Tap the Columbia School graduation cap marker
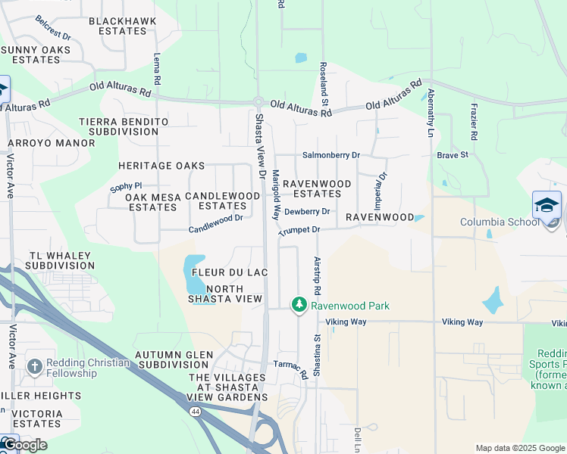point(547,205)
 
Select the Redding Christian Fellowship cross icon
point(34,368)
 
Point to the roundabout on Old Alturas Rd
point(258,102)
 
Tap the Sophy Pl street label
point(126,185)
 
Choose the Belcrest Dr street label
point(52,35)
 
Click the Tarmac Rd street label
point(290,368)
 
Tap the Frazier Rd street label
point(474,122)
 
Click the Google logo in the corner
point(24,444)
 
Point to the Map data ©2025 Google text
point(519,448)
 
